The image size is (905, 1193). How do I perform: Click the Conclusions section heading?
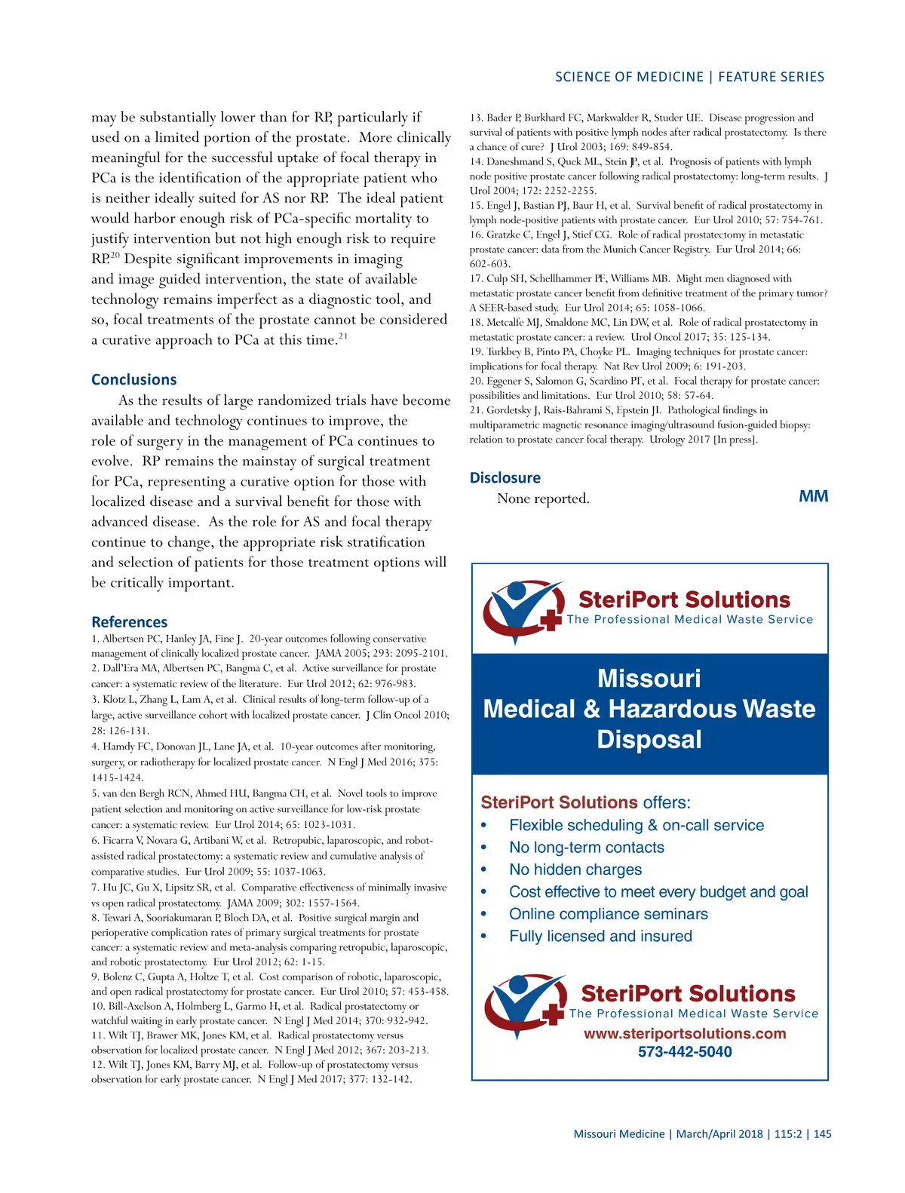point(133,379)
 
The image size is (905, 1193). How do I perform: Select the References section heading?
point(129,622)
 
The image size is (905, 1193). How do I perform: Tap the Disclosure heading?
point(505,477)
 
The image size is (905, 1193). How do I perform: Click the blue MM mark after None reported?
point(813,496)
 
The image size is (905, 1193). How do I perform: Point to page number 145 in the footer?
point(823,1134)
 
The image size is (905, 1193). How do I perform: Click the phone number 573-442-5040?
point(684,1051)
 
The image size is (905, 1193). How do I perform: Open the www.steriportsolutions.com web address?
point(684,1033)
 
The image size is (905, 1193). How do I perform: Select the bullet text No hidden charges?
point(575,869)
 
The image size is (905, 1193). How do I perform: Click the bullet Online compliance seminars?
point(608,914)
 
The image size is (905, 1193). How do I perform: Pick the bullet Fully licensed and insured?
point(600,936)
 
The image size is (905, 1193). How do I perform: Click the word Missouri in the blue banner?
point(649,678)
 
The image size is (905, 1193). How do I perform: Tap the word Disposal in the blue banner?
point(649,739)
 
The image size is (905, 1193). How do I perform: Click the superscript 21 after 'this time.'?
point(343,336)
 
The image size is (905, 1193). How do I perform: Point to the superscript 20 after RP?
point(115,256)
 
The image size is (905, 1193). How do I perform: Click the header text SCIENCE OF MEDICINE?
point(629,77)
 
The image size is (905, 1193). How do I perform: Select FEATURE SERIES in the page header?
point(771,77)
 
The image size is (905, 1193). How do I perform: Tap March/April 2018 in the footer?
point(719,1134)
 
